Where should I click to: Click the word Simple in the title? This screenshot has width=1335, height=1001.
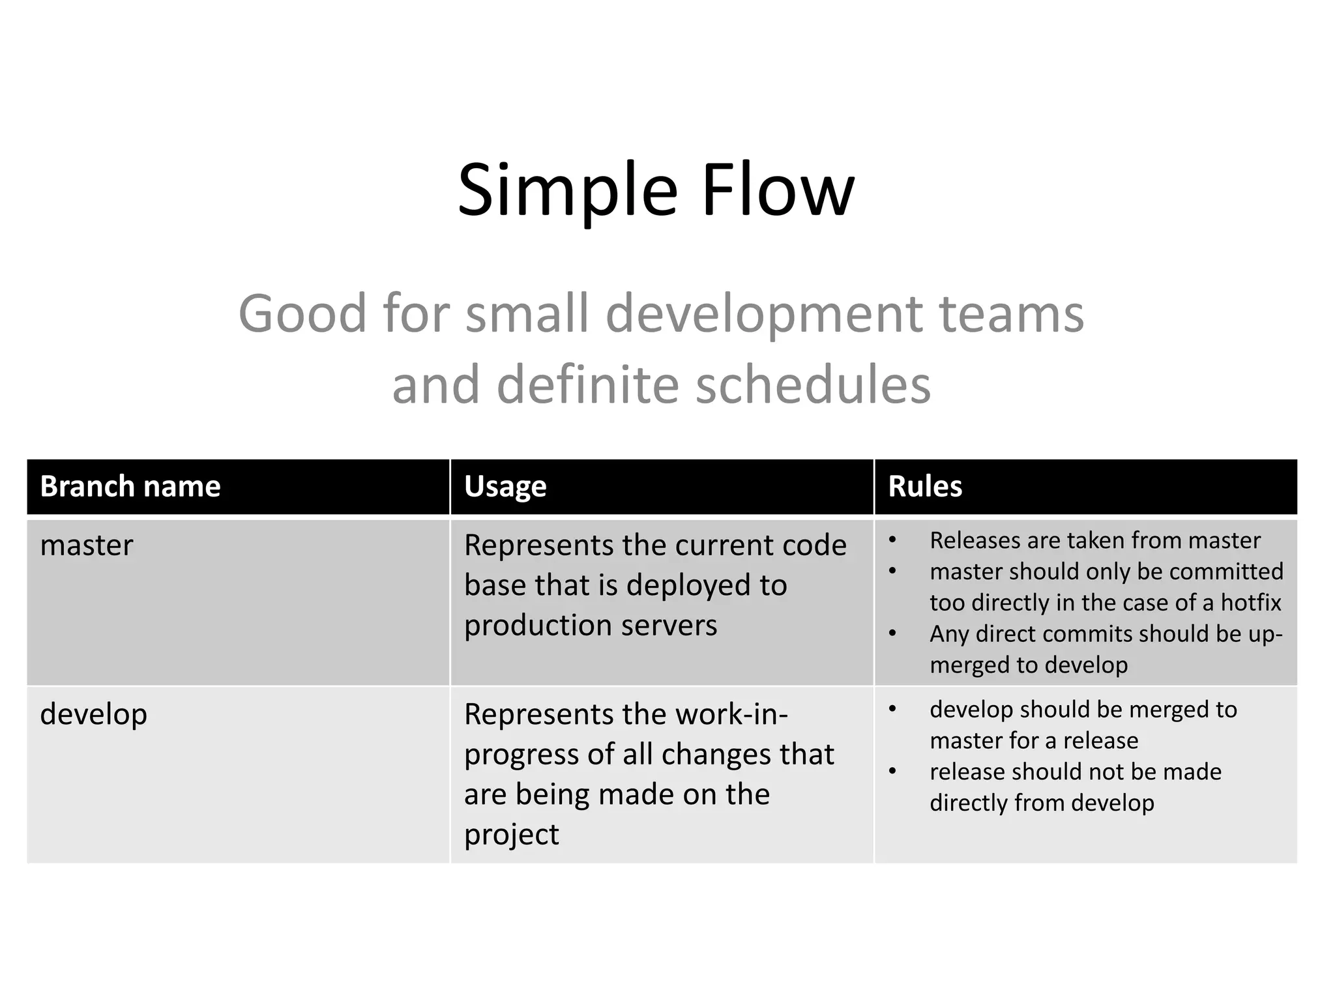click(568, 191)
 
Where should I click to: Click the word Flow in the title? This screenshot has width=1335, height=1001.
click(777, 191)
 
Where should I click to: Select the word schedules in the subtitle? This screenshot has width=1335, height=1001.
click(813, 384)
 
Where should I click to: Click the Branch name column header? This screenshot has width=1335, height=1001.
click(130, 486)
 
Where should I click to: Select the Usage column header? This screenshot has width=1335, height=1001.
click(505, 486)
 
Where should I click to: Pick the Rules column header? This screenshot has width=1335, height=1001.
click(924, 486)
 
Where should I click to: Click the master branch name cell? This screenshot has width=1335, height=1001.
click(86, 545)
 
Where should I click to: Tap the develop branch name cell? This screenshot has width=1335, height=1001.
click(93, 714)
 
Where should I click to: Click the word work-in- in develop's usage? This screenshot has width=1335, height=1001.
click(731, 714)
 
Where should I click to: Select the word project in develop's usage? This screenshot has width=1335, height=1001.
click(511, 835)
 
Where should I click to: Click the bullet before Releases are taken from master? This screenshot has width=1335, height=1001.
click(892, 540)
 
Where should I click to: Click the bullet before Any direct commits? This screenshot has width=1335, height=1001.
click(892, 633)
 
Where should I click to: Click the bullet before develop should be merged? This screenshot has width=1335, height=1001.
click(892, 709)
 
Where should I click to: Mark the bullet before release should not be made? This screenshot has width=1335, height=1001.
click(892, 772)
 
